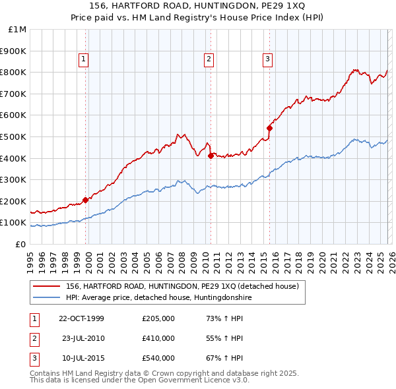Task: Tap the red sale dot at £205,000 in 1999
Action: pyautogui.click(x=85, y=200)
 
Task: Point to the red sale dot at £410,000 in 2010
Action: pyautogui.click(x=211, y=156)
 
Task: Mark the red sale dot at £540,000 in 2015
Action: pyautogui.click(x=269, y=128)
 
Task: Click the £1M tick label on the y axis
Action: pyautogui.click(x=18, y=29)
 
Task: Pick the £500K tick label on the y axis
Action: pyautogui.click(x=15, y=136)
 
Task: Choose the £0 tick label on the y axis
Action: pyautogui.click(x=20, y=244)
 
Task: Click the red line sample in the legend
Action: pyautogui.click(x=46, y=286)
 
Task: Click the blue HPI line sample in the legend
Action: pyautogui.click(x=46, y=297)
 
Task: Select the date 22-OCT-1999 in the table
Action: pyautogui.click(x=81, y=318)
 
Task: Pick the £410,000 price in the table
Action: pyautogui.click(x=158, y=338)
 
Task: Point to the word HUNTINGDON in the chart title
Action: pyautogui.click(x=216, y=6)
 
